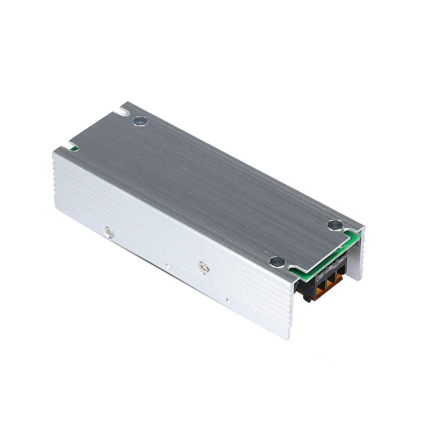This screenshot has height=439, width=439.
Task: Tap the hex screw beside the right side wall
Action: (334, 225)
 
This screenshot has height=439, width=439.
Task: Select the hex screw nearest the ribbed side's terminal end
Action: (276, 261)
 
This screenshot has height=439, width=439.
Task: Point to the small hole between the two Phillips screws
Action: (166, 265)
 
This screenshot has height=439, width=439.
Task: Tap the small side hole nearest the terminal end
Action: (227, 301)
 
